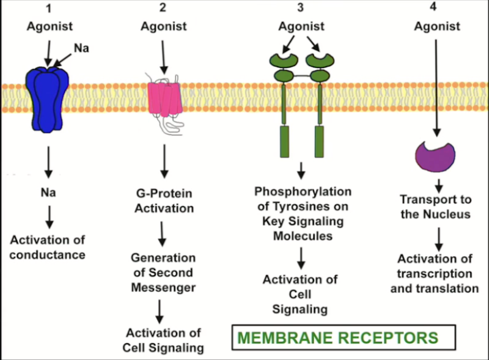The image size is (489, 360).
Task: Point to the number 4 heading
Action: pos(435,8)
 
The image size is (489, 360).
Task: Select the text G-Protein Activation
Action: pos(163,201)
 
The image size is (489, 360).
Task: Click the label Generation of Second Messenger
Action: pos(163,273)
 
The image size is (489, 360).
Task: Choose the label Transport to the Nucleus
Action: pos(435,207)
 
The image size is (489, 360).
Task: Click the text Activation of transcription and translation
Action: pos(435,274)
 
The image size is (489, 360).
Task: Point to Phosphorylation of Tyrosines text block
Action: pos(304,214)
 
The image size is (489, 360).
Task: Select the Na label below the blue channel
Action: pos(48,193)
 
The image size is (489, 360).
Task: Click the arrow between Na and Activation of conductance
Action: pos(48,216)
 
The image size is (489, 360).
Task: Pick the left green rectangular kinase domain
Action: pos(284,141)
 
